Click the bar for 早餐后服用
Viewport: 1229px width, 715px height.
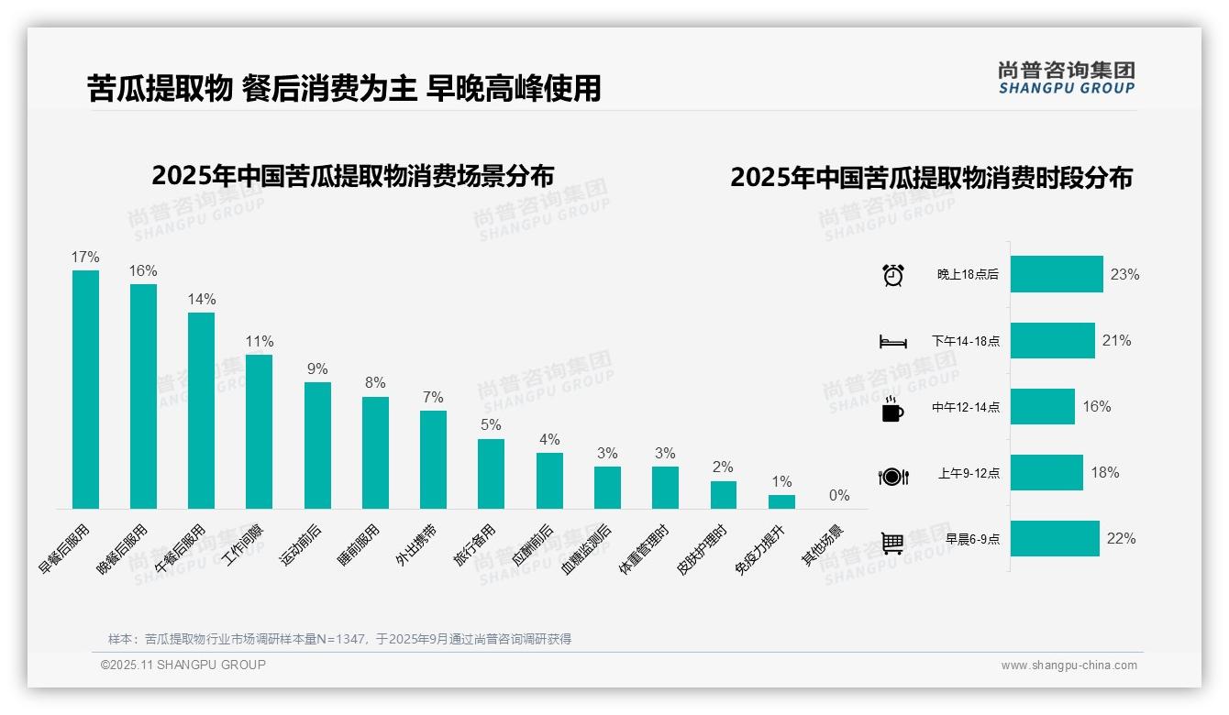coord(85,390)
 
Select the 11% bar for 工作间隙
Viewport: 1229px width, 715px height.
coord(260,431)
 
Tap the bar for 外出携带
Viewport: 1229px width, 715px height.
coord(433,459)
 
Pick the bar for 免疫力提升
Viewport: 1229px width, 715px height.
coord(781,501)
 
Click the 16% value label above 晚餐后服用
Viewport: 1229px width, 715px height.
coord(143,271)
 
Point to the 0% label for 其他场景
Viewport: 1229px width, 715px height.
coord(839,496)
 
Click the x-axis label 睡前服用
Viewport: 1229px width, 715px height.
coord(359,545)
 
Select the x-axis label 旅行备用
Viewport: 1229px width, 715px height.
coord(475,545)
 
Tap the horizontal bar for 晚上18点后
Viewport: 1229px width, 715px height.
coord(1057,274)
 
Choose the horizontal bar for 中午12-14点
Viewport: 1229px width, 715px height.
coord(1043,406)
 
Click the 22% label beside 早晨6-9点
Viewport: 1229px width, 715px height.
coord(1121,539)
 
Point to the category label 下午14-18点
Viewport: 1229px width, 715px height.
coord(966,341)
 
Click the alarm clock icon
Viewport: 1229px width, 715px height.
coord(892,275)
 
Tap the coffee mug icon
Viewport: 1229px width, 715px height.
coord(892,410)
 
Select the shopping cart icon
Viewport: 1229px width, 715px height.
coord(892,543)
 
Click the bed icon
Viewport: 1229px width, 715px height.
coord(892,342)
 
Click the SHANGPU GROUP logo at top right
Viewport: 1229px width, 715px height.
coord(1066,78)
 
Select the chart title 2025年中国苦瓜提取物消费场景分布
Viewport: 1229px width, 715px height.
coord(353,176)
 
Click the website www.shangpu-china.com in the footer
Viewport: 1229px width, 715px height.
coord(1068,665)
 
